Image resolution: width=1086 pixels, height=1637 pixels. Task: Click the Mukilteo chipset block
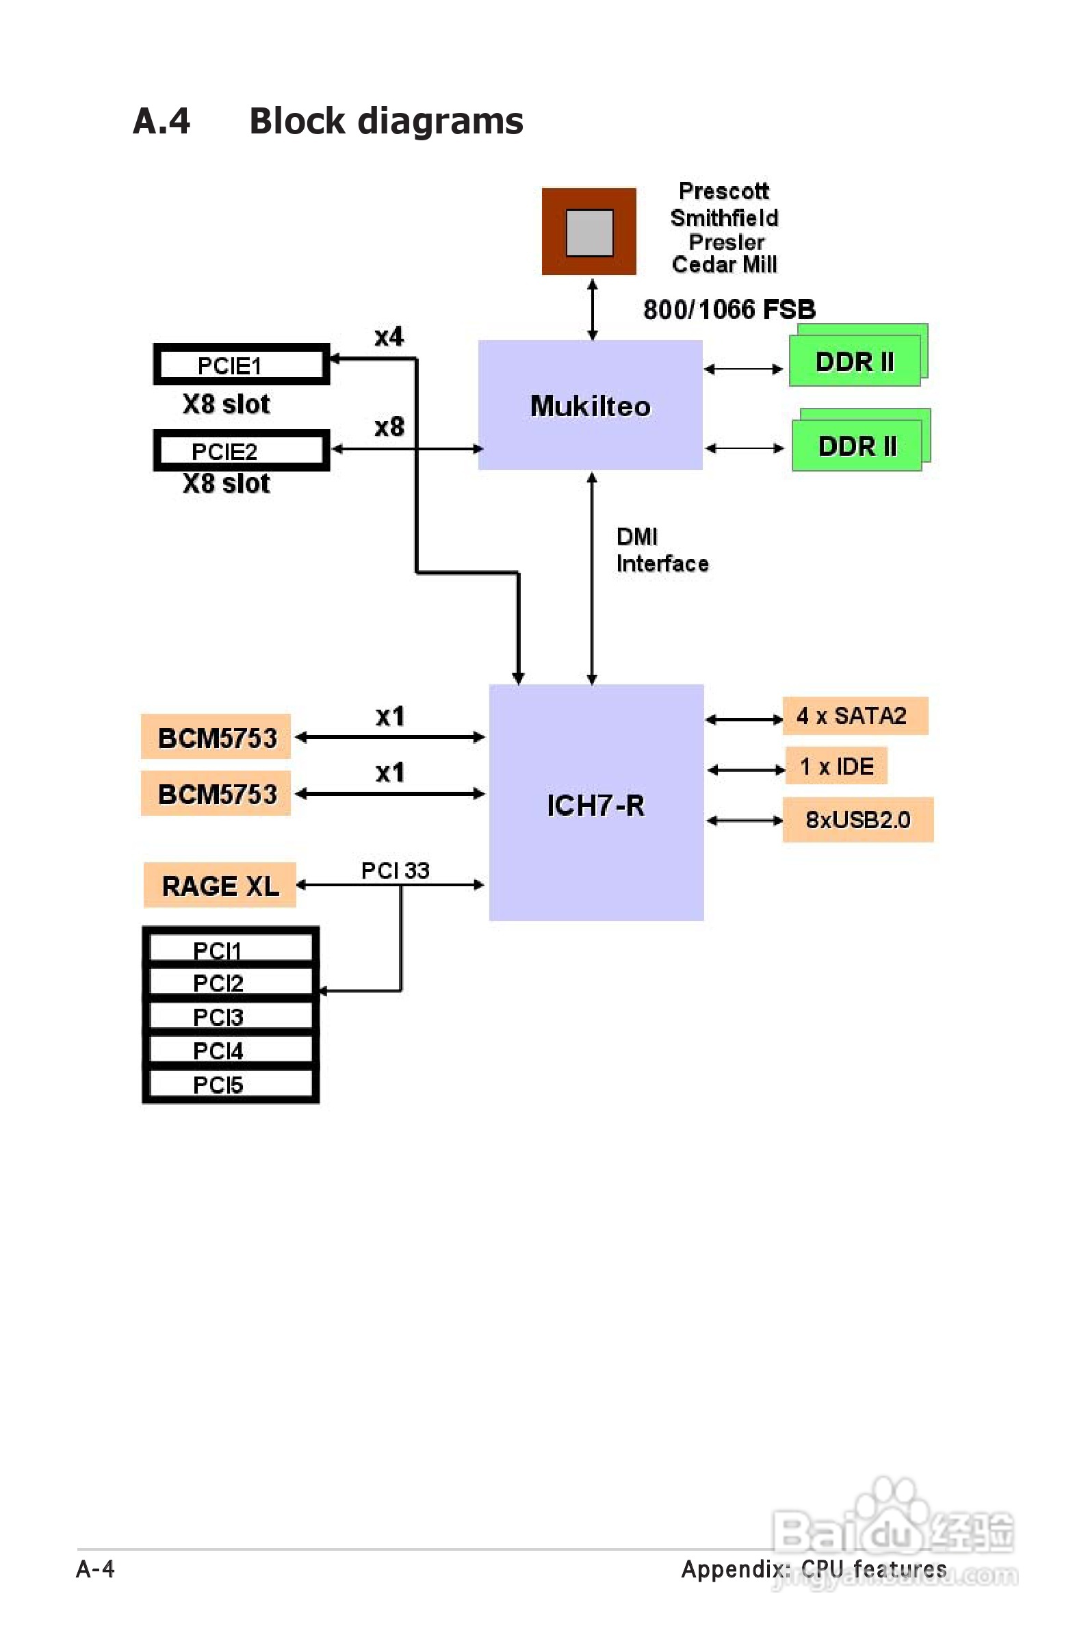590,405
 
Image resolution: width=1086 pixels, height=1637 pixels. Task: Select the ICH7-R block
595,803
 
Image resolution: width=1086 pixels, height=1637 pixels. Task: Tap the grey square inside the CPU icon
589,233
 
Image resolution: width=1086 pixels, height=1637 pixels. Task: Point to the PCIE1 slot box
241,365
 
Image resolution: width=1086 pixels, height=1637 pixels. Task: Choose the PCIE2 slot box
241,451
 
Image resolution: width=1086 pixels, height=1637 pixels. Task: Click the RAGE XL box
220,885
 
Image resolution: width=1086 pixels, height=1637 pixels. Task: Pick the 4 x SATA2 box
855,715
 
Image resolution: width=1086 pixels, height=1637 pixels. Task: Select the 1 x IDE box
836,766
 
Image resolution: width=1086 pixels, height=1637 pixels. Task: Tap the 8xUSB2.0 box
857,820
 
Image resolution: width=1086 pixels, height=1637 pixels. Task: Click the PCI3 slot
231,1016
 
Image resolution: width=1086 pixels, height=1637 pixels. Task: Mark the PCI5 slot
231,1085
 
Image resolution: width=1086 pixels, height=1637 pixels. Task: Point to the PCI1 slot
231,949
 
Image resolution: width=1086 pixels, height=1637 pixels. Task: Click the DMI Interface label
662,550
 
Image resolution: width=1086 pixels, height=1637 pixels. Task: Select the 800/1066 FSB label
729,309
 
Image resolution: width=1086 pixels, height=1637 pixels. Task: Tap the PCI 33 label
396,870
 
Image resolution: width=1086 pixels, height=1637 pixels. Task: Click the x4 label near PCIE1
389,337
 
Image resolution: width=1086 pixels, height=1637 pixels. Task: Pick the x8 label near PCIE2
389,426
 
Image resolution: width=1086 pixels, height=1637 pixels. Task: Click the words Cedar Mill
725,265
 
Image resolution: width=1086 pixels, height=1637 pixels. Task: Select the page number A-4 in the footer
96,1569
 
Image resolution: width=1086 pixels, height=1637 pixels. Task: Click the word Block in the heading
297,121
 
